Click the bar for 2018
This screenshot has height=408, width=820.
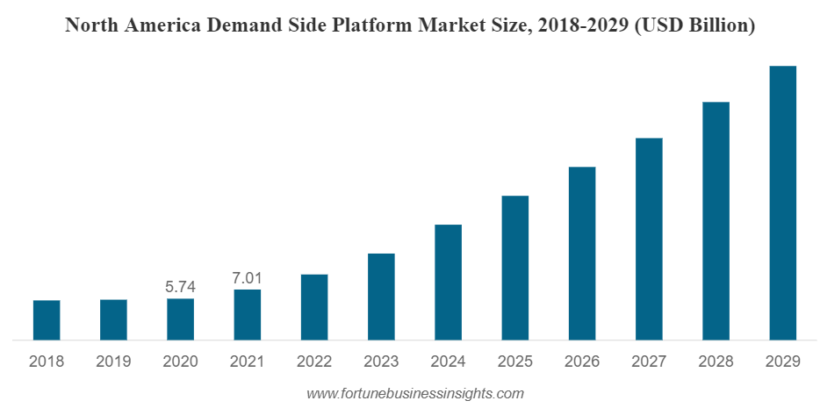click(x=47, y=319)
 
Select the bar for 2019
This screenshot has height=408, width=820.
click(x=113, y=319)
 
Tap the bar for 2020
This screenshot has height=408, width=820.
click(x=180, y=319)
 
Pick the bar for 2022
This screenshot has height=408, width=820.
click(x=314, y=306)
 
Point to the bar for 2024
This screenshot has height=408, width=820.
click(x=448, y=282)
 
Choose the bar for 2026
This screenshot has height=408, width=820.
click(x=582, y=253)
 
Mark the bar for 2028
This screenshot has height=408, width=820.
click(x=716, y=220)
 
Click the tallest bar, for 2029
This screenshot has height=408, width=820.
click(x=782, y=203)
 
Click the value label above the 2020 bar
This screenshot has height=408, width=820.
click(x=180, y=287)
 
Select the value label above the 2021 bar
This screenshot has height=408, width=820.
click(x=248, y=277)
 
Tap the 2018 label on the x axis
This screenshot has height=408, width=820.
click(x=47, y=361)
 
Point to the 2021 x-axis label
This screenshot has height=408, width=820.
click(x=248, y=361)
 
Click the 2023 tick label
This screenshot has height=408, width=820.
click(x=381, y=361)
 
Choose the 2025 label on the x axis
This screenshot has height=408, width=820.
click(x=515, y=361)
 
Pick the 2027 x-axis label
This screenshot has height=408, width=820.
click(x=649, y=361)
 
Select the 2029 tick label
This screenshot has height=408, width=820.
click(x=782, y=361)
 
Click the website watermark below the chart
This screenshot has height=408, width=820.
click(x=415, y=393)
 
